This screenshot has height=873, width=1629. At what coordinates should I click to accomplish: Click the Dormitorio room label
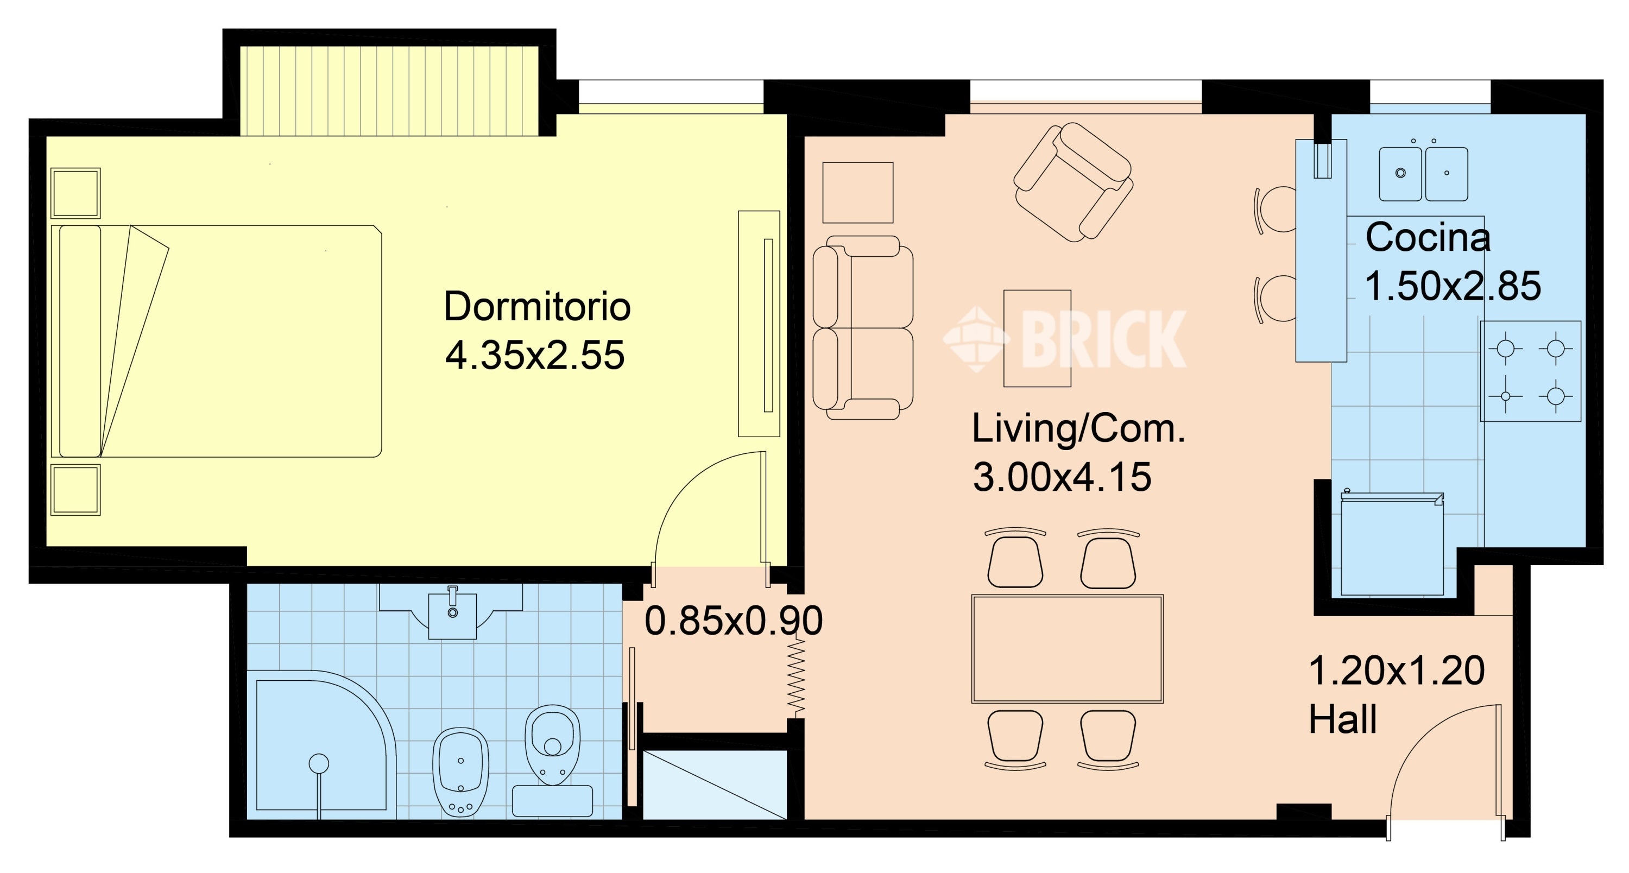pyautogui.click(x=537, y=307)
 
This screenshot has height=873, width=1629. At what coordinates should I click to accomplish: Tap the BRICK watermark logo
pyautogui.click(x=1065, y=339)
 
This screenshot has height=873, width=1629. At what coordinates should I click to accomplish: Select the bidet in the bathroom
pyautogui.click(x=460, y=771)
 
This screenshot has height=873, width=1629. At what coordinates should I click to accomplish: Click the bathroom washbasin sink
pyautogui.click(x=452, y=611)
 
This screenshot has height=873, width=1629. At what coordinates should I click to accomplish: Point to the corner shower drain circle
pyautogui.click(x=319, y=764)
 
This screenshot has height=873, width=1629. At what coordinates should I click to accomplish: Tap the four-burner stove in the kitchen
pyautogui.click(x=1530, y=371)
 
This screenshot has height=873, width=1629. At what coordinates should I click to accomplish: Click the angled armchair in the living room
pyautogui.click(x=1073, y=182)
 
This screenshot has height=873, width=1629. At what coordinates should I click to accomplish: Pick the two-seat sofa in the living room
pyautogui.click(x=863, y=327)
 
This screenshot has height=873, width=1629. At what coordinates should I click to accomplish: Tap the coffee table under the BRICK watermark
pyautogui.click(x=1037, y=338)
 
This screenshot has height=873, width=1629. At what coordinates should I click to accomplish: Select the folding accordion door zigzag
pyautogui.click(x=796, y=678)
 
